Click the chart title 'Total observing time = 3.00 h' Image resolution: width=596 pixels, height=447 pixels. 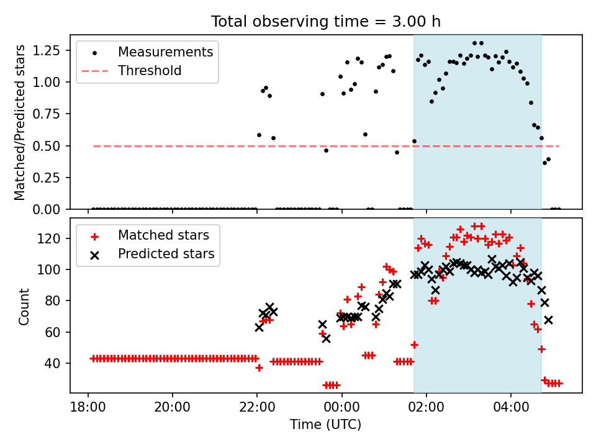(326, 21)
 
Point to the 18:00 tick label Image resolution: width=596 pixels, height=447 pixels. (88, 407)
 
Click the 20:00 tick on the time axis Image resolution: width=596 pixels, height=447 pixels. (172, 407)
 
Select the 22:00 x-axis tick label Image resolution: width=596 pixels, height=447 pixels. (257, 407)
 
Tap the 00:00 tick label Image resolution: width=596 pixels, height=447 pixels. (341, 407)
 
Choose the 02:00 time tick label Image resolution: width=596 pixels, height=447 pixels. (426, 407)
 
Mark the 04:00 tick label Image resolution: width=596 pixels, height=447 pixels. (511, 407)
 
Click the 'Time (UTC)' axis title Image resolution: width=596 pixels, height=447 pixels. (326, 424)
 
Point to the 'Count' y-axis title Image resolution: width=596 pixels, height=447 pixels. (24, 307)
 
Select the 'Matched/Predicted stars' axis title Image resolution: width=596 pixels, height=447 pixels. (19, 122)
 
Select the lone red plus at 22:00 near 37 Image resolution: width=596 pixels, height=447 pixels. (259, 368)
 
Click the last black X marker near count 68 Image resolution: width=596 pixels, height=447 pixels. (548, 320)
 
